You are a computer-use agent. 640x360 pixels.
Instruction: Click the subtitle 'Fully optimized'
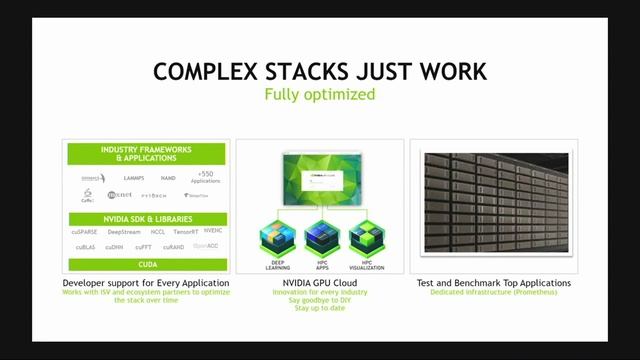[320, 96]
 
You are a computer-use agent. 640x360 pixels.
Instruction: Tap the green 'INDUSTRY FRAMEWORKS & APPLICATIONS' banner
[146, 154]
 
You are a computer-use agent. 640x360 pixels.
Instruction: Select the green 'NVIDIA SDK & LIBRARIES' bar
[146, 218]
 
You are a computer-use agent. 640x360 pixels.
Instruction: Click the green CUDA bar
[146, 265]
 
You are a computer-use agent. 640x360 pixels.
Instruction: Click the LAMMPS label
[133, 177]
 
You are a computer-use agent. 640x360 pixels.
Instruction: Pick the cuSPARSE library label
[87, 231]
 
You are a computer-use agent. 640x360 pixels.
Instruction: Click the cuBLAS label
[85, 246]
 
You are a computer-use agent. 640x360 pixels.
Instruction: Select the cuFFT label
[145, 246]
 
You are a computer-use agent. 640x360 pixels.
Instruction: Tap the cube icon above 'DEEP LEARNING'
[276, 235]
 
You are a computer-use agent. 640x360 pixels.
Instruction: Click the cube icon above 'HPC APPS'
[320, 235]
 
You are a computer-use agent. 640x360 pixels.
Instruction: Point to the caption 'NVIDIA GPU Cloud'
[320, 283]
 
